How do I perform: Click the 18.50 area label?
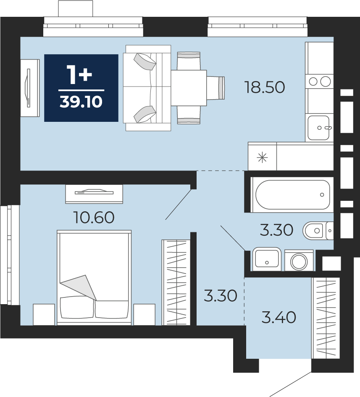tap(265, 87)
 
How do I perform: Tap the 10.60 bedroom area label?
tap(94, 218)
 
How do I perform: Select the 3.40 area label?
tap(279, 318)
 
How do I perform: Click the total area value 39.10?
tap(81, 102)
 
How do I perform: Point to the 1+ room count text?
tap(79, 74)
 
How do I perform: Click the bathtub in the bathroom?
tap(292, 195)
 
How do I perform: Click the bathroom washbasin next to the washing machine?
tap(267, 258)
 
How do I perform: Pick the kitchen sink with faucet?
tap(318, 127)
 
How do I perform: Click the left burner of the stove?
tap(313, 82)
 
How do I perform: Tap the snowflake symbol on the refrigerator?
tap(262, 158)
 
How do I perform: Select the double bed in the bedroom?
tap(94, 278)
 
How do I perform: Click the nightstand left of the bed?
tap(44, 315)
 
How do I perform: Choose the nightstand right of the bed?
tap(145, 315)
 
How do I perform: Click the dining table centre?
tap(189, 88)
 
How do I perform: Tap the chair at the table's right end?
tap(215, 88)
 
